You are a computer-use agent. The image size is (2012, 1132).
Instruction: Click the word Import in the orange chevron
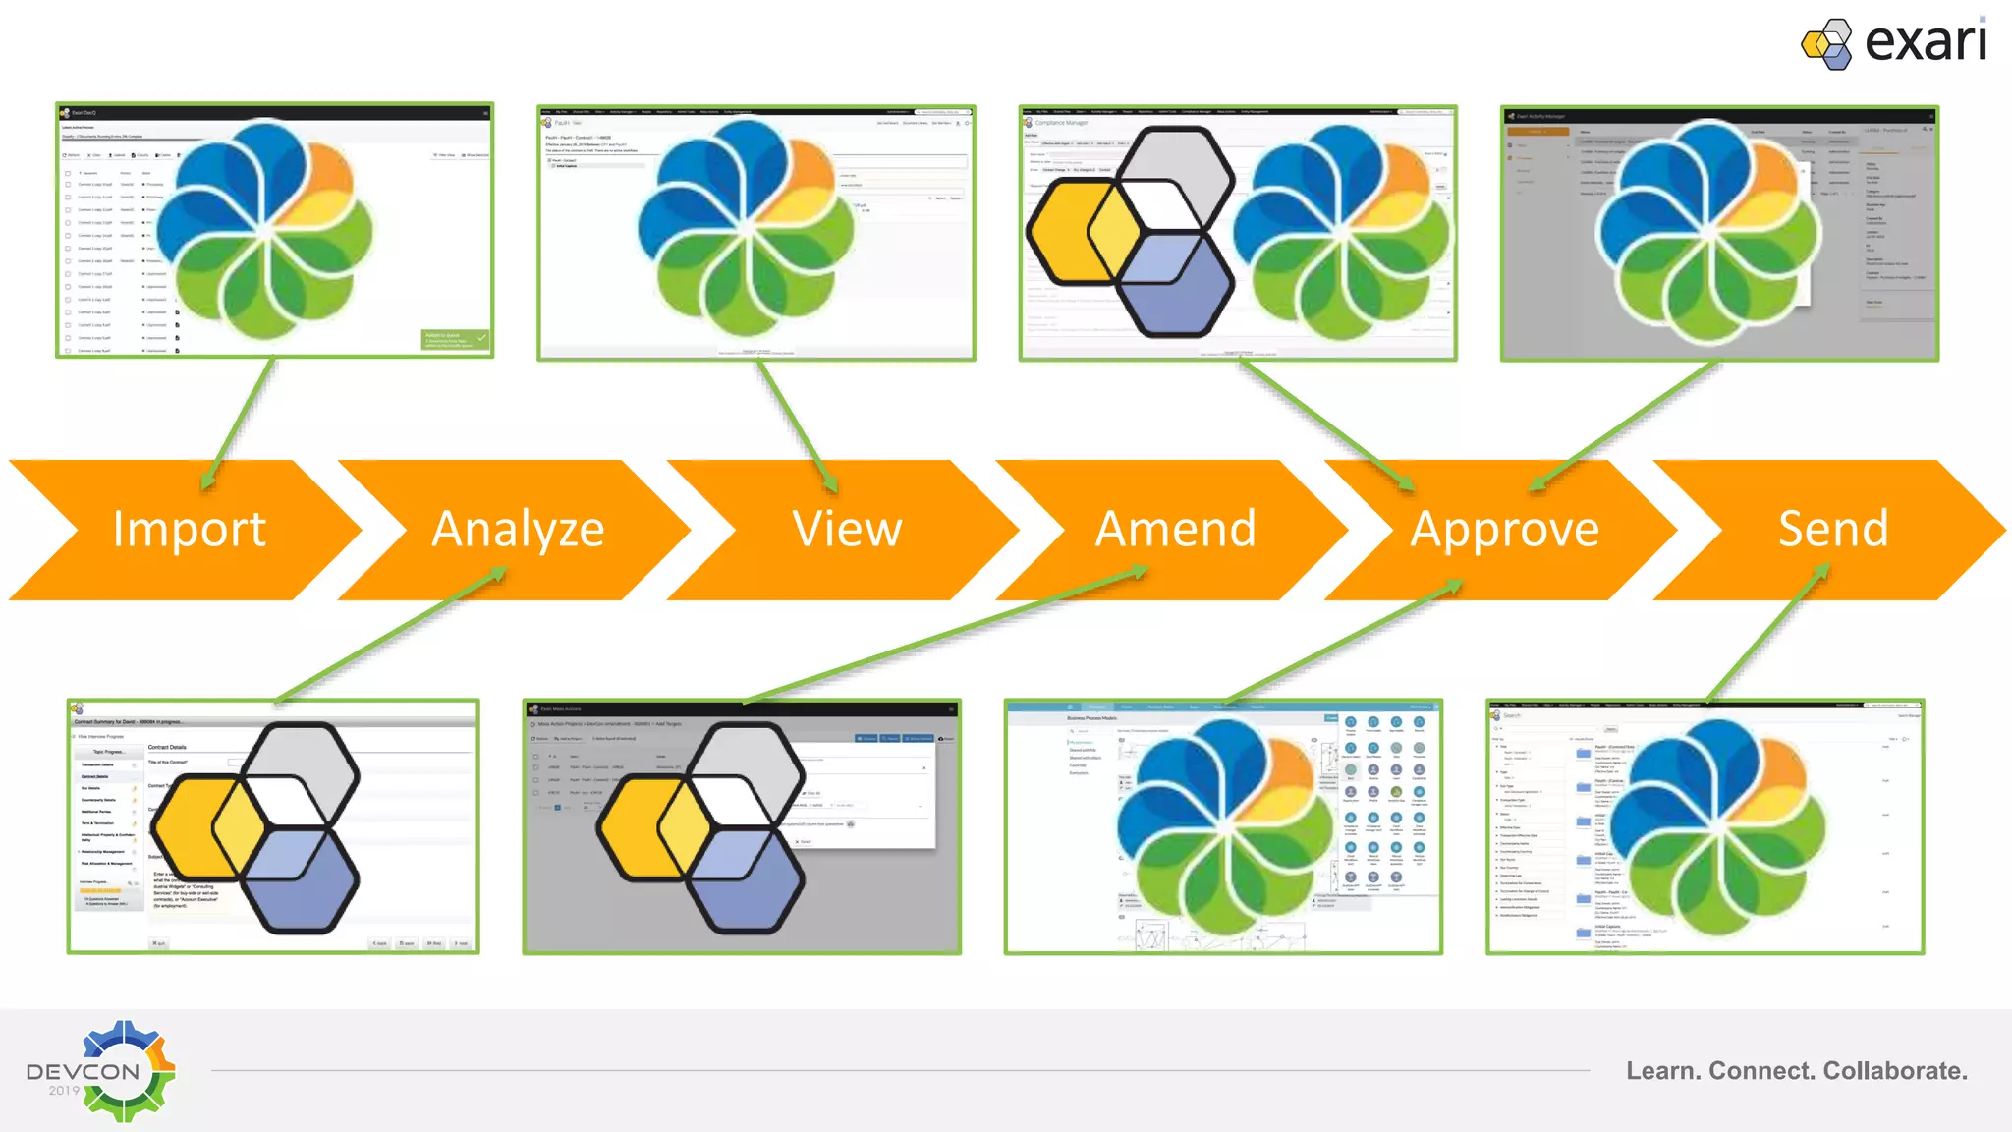pos(189,530)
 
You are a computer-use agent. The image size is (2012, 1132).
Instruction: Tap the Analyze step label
pos(518,530)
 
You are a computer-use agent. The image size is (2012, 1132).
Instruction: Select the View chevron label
pos(847,530)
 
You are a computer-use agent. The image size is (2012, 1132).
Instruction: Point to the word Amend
pos(1176,530)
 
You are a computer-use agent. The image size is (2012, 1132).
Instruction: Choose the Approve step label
pos(1504,530)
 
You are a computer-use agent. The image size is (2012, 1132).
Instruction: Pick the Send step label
pos(1833,530)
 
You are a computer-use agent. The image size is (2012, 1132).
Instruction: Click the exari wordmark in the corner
pos(1926,42)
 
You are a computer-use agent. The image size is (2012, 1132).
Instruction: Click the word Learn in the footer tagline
pos(1662,1071)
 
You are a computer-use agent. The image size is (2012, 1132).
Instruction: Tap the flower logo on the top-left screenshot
pos(265,230)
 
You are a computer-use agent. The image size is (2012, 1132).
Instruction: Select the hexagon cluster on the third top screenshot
pos(1130,232)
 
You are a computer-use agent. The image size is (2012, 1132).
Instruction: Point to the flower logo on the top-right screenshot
pos(1709,232)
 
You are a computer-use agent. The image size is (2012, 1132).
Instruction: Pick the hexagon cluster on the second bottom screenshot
pos(701,827)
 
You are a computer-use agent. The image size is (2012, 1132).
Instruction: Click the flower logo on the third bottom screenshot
pos(1224,831)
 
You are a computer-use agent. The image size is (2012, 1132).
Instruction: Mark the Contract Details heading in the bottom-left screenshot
pos(167,747)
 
